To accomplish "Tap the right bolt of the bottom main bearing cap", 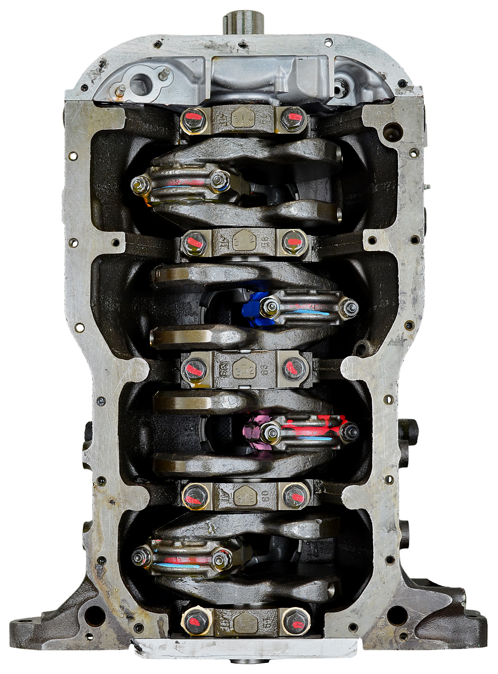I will coord(293,619).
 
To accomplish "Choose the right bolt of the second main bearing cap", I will coord(292,241).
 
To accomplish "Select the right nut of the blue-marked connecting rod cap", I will coord(349,307).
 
